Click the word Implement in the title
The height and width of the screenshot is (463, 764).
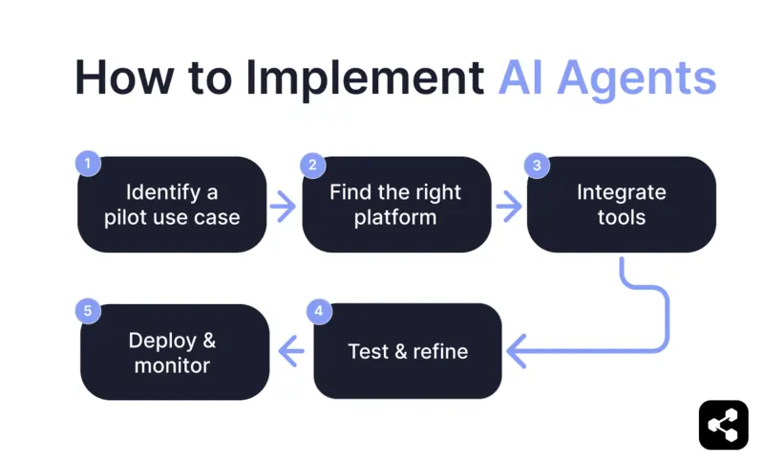367,77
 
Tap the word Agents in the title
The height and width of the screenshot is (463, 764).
635,77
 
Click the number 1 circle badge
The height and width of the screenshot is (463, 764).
88,165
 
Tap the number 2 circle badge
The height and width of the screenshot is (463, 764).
312,165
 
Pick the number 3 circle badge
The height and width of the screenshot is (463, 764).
538,165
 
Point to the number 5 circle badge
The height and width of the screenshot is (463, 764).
88,312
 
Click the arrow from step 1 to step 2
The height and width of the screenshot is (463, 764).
284,205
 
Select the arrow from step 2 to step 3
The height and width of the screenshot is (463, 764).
508,205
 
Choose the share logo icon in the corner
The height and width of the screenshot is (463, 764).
723,425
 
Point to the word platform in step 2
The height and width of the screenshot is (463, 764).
395,217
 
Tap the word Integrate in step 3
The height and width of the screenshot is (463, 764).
621,192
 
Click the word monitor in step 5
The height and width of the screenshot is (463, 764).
172,364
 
